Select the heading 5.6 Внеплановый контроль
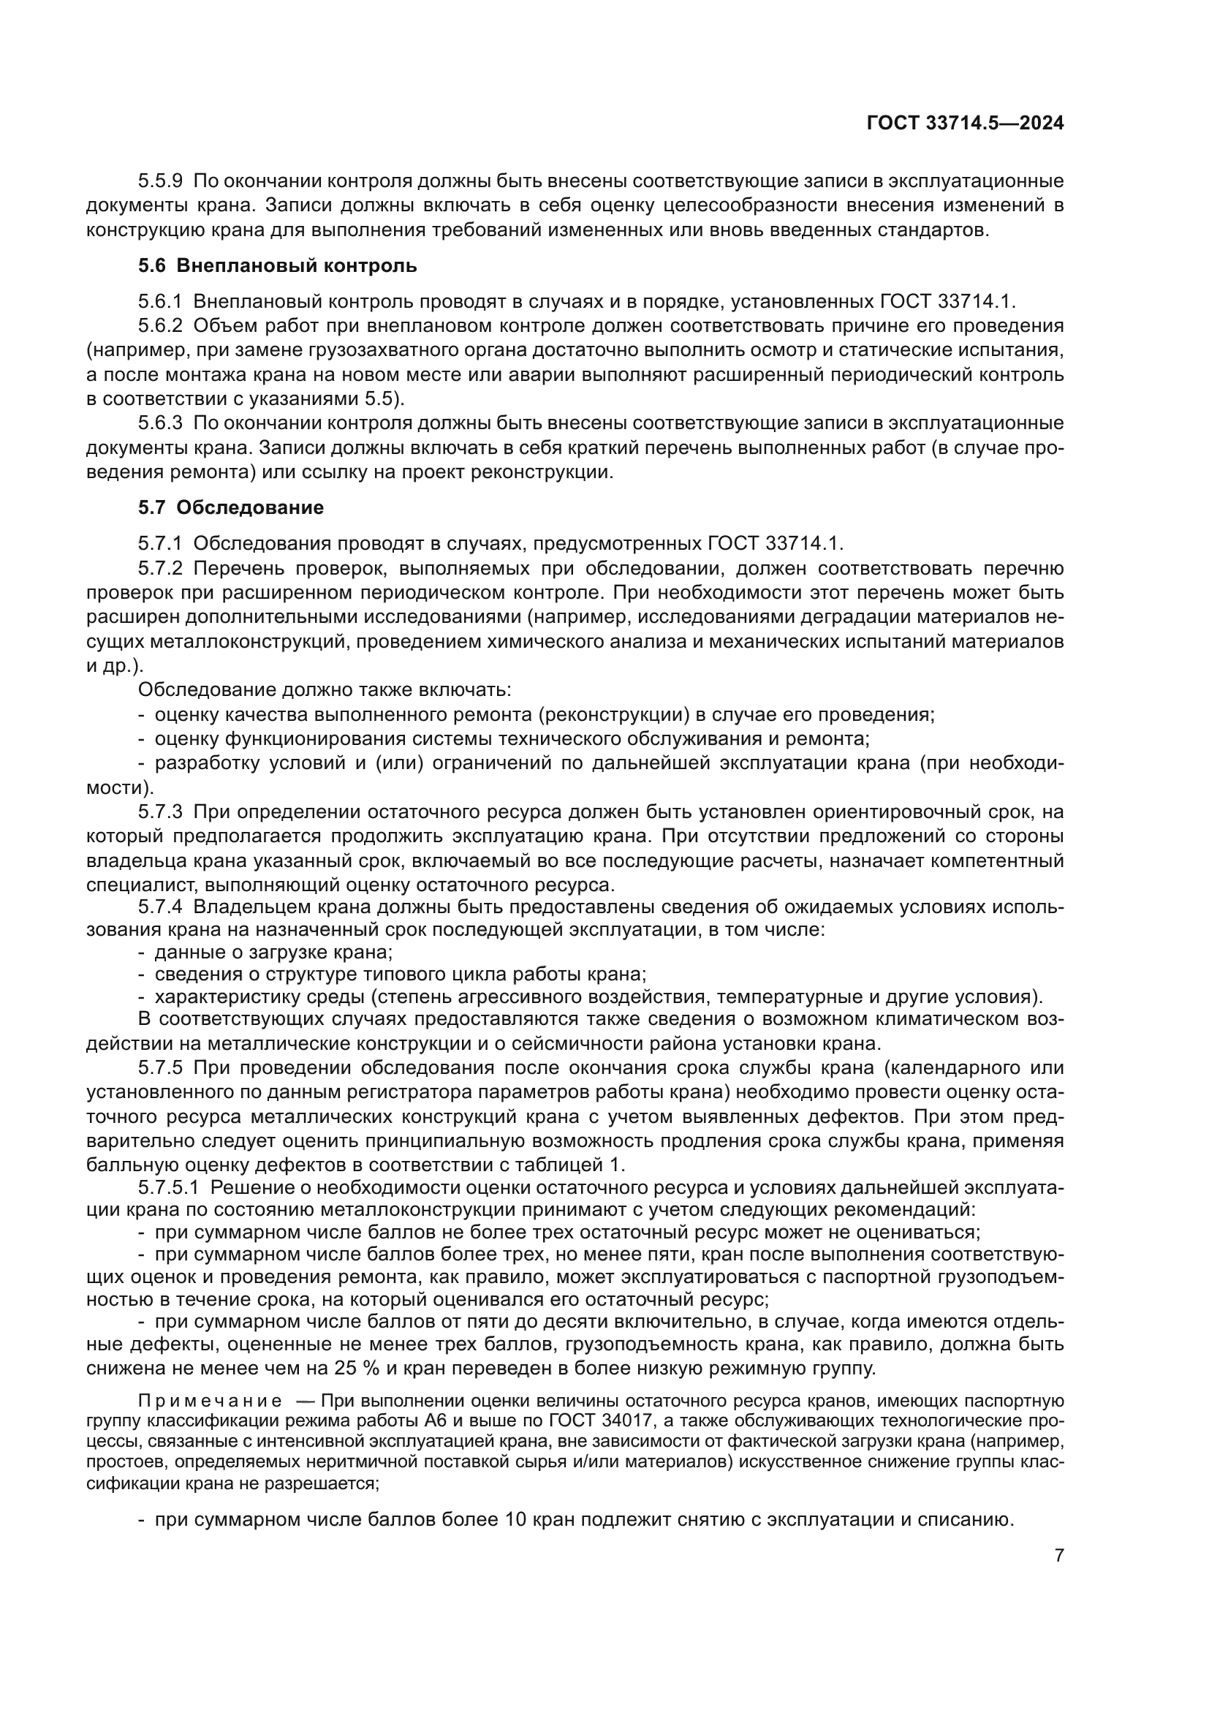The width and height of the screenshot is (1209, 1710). (277, 266)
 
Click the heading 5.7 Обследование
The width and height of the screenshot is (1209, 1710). (231, 508)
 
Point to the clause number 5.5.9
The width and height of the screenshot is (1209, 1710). (160, 181)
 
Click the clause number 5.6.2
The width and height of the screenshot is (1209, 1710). (160, 325)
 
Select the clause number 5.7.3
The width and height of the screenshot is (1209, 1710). (160, 812)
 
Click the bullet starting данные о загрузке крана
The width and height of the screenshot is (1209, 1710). (273, 953)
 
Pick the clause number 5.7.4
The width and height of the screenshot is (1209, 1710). (160, 908)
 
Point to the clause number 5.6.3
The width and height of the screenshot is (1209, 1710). (160, 423)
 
